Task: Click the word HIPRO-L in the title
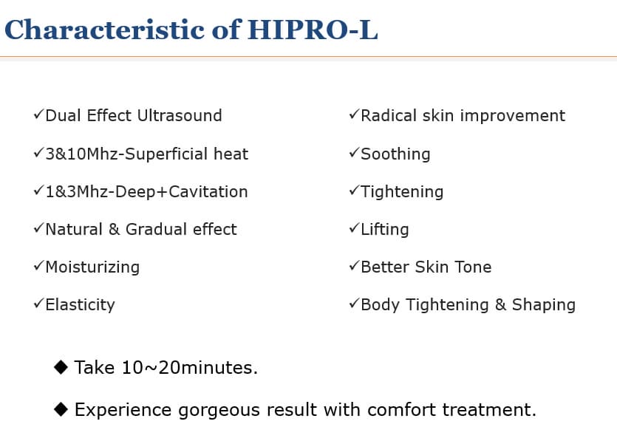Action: [313, 30]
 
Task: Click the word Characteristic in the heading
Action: [104, 30]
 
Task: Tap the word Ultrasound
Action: [180, 116]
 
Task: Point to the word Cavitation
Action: [208, 191]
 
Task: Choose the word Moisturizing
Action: [92, 267]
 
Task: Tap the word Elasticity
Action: [81, 305]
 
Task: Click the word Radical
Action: [389, 116]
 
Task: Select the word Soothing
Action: [395, 154]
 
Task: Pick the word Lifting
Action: [385, 230]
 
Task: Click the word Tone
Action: [473, 267]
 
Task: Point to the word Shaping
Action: [544, 305]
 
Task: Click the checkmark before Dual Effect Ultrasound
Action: [38, 114]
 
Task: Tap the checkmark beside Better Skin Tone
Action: [354, 266]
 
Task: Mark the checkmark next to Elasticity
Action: [38, 304]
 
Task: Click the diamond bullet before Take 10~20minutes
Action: [61, 367]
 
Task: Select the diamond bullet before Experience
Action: [61, 409]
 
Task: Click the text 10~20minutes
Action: [190, 368]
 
